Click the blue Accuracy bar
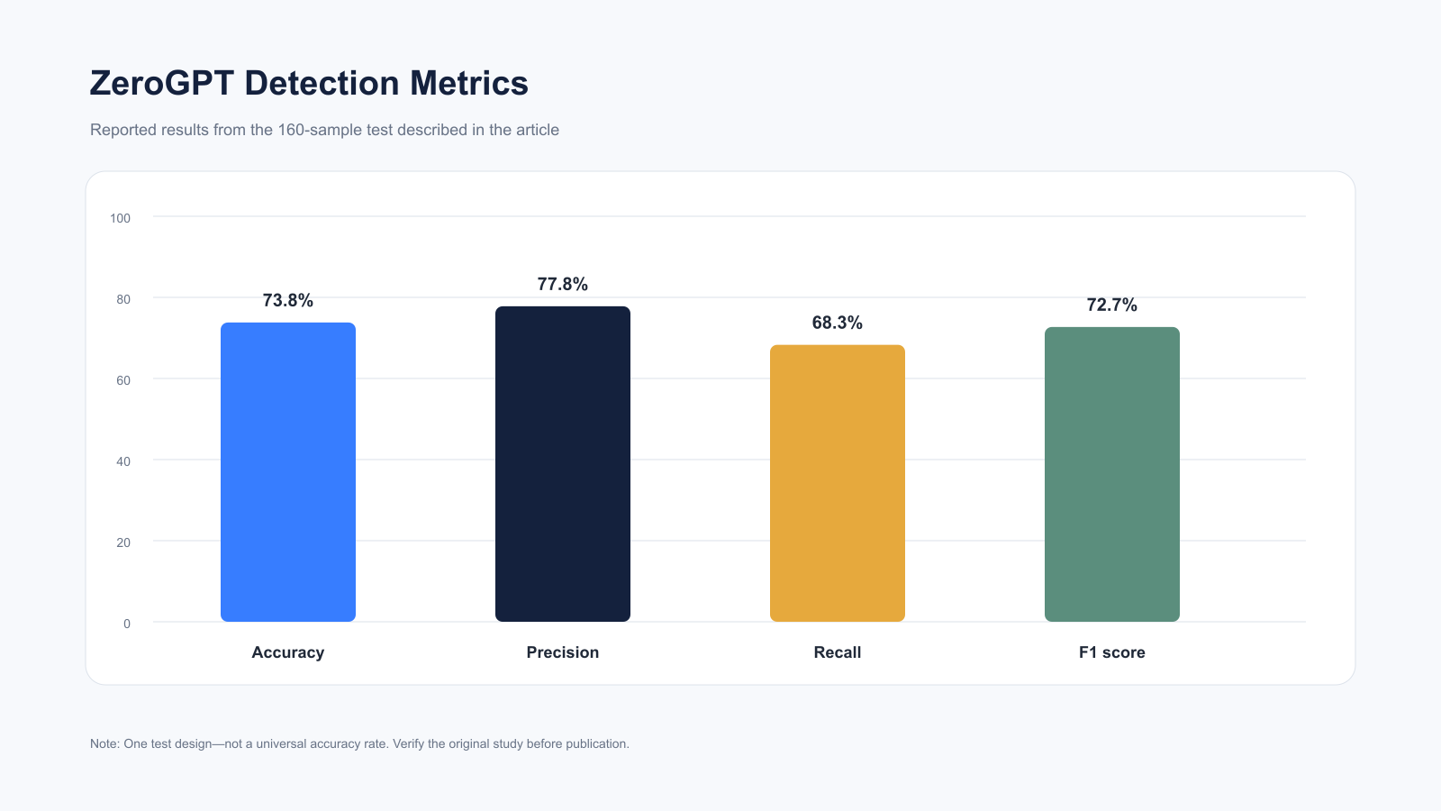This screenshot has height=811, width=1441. tap(288, 472)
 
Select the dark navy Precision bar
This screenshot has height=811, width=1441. tap(563, 464)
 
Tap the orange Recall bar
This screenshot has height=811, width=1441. tap(838, 483)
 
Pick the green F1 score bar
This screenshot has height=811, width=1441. tap(1112, 474)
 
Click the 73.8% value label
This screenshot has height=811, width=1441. tap(287, 301)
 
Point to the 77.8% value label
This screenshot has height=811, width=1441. tap(562, 285)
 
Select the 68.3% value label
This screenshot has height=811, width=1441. tap(837, 323)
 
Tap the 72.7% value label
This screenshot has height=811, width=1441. tap(1111, 305)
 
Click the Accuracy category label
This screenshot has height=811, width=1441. tap(287, 652)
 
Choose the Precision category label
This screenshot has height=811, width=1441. tap(562, 652)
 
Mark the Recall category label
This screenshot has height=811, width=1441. tap(837, 652)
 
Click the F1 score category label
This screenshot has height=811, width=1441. tap(1111, 652)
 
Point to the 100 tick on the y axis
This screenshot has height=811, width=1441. tap(121, 218)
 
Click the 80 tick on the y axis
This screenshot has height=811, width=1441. tap(123, 299)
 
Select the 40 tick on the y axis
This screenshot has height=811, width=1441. tap(123, 461)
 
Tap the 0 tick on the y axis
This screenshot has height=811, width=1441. tap(127, 624)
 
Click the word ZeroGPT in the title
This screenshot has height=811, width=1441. tap(161, 84)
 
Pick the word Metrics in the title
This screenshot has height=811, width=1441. tap(469, 84)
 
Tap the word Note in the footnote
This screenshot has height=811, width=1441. tap(104, 744)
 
